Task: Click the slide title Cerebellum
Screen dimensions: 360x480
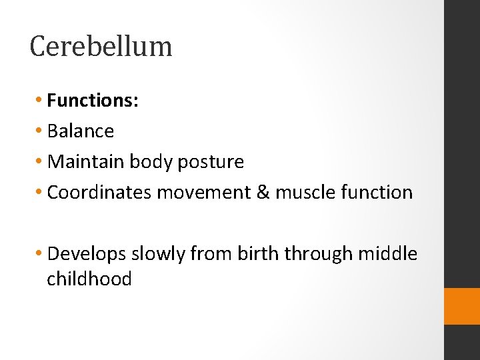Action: click(x=101, y=46)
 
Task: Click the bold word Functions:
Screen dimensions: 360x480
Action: click(x=93, y=101)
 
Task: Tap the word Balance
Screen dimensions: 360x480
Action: click(x=81, y=131)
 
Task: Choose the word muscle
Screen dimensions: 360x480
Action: click(x=305, y=193)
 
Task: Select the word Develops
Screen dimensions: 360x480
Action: click(x=87, y=254)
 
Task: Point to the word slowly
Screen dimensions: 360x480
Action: click(x=158, y=254)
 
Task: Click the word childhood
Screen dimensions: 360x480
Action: click(x=89, y=279)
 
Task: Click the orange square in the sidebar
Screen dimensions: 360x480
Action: click(x=462, y=306)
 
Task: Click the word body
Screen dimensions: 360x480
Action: click(x=150, y=162)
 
